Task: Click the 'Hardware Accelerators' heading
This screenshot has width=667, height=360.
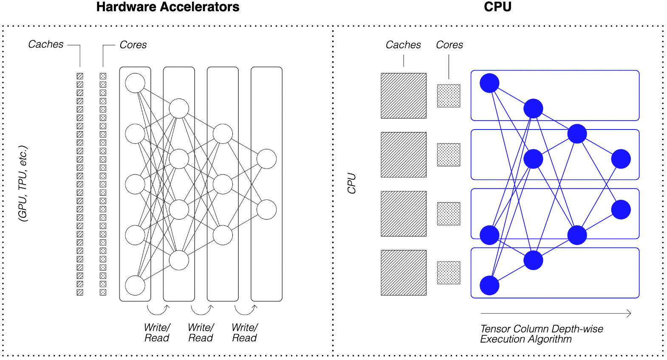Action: pyautogui.click(x=168, y=7)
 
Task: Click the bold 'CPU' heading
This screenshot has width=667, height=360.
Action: pyautogui.click(x=497, y=7)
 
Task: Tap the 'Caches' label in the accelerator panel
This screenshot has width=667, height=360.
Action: pyautogui.click(x=46, y=44)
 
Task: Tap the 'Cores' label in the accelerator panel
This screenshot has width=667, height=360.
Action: pyautogui.click(x=133, y=45)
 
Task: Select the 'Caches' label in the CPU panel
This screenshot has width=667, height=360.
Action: pyautogui.click(x=403, y=45)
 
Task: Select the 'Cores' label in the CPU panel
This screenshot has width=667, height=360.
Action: pyautogui.click(x=449, y=45)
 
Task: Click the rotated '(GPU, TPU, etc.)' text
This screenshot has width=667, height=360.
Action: pyautogui.click(x=23, y=183)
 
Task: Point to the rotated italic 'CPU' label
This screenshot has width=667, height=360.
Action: pyautogui.click(x=351, y=183)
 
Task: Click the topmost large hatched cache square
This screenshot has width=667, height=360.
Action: pyautogui.click(x=404, y=96)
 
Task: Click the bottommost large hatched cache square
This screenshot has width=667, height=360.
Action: pyautogui.click(x=404, y=273)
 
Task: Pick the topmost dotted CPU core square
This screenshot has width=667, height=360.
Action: pyautogui.click(x=449, y=96)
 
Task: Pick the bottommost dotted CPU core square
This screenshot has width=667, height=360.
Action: pyautogui.click(x=449, y=273)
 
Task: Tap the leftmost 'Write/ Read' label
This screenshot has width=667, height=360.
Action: pyautogui.click(x=157, y=333)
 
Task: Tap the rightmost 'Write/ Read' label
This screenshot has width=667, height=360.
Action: pyautogui.click(x=245, y=333)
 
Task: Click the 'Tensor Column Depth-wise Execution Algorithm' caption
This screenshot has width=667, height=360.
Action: pyautogui.click(x=541, y=334)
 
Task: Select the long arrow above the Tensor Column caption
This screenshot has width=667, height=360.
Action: pyautogui.click(x=555, y=313)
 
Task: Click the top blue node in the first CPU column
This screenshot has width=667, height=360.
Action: pyautogui.click(x=489, y=83)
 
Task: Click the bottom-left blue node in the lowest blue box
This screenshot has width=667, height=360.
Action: pyautogui.click(x=489, y=285)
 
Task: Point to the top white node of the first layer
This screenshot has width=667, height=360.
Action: pyautogui.click(x=135, y=83)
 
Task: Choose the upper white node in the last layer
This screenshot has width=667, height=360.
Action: pyautogui.click(x=267, y=159)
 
